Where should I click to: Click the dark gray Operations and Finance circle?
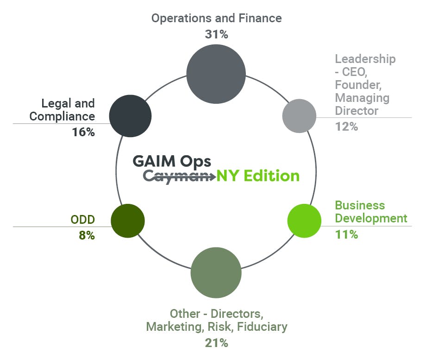coord(216,74)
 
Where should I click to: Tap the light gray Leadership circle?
coord(299,116)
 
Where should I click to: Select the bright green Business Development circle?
coord(304,221)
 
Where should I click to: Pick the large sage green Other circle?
coord(216,272)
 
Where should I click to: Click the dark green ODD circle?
coord(128,221)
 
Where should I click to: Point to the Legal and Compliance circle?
coord(130,116)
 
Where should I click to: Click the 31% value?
coord(216,34)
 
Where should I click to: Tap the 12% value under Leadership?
coord(346,126)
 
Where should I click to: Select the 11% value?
coord(346,234)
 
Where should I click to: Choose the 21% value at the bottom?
coord(216,343)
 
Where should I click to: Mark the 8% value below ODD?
coord(87,235)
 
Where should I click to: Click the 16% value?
coord(83,132)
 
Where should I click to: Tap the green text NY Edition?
coord(258,176)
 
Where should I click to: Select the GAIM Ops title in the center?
coord(172,161)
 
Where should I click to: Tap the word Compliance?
coord(62,116)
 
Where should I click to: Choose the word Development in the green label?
coord(371,218)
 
